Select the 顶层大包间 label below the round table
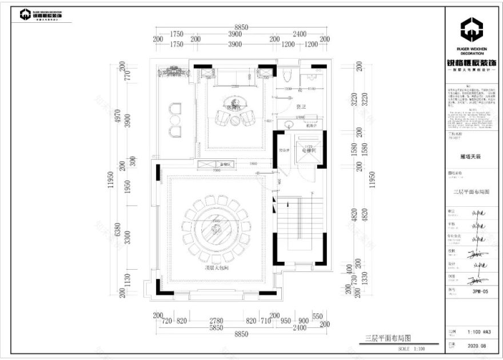tap(217, 267)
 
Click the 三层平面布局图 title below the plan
tap(388, 339)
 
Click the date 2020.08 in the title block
tap(476, 346)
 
